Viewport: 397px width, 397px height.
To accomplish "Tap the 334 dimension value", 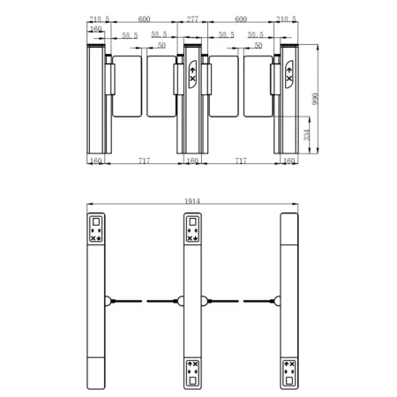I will point(305,135).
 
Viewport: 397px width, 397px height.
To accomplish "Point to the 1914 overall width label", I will point(193,201).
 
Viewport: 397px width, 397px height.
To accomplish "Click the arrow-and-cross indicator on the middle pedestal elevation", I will point(192,76).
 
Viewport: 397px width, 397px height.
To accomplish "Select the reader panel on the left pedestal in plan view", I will point(96,229).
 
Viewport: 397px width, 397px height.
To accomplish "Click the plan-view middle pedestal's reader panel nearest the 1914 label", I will point(192,229).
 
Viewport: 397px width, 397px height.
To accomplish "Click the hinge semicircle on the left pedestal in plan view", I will point(108,300).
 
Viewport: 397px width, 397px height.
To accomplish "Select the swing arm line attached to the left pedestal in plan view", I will point(126,300).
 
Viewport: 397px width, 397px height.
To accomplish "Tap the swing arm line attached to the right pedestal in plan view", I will point(258,300).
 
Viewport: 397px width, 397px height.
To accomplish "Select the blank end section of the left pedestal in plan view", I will point(96,370).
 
